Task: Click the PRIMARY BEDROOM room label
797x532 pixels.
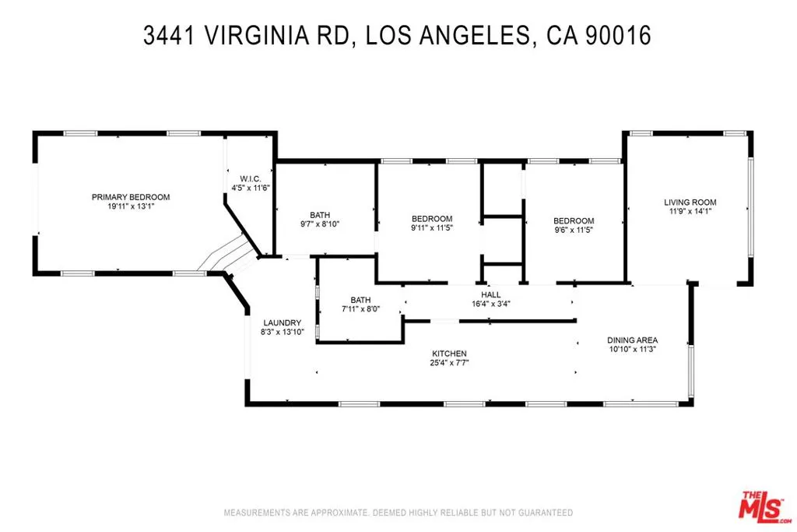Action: pos(130,197)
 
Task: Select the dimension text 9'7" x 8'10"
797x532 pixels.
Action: pos(319,224)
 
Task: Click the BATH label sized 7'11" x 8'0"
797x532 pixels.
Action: pos(360,300)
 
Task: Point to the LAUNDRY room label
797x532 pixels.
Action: pos(281,322)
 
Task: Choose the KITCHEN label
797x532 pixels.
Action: pos(449,354)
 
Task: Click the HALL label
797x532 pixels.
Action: pos(490,294)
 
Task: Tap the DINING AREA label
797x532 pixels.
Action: pos(632,340)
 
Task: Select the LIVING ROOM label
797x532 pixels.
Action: pos(690,203)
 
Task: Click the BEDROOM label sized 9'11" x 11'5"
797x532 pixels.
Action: pos(431,219)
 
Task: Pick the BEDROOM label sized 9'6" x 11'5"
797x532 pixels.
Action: pos(574,220)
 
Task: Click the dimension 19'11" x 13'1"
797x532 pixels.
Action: pos(130,207)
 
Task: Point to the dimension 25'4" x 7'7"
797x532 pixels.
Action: pos(449,363)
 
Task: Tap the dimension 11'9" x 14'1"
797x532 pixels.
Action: pos(690,212)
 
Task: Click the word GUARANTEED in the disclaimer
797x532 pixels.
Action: pos(542,513)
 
